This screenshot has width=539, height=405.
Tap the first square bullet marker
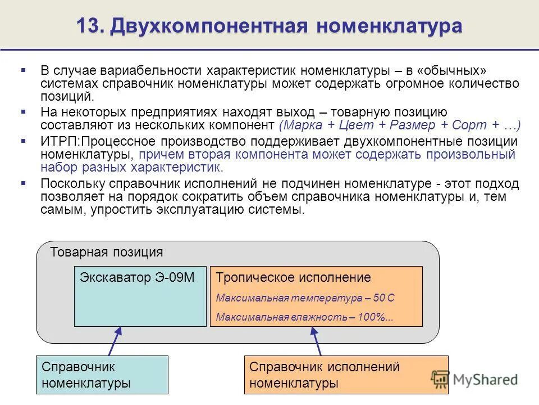23,70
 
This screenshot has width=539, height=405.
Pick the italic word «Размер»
413,125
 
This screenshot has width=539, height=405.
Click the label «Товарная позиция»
107,252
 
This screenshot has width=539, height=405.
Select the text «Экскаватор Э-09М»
137,277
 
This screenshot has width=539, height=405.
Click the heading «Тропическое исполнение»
294,277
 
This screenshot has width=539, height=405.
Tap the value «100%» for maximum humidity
373,317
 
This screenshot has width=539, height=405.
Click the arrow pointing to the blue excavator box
114,341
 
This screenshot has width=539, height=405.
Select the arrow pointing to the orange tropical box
316,341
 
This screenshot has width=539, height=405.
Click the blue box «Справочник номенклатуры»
102,375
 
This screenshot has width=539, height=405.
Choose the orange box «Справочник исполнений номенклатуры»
346,375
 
